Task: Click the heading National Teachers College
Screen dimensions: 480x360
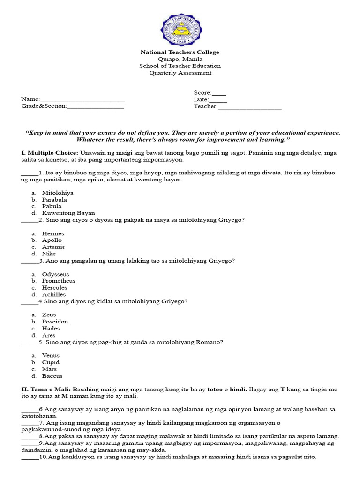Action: pyautogui.click(x=180, y=52)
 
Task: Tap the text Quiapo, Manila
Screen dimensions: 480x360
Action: pyautogui.click(x=180, y=59)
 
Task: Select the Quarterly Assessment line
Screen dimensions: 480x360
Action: pyautogui.click(x=180, y=73)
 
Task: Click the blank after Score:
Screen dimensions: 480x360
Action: pyautogui.click(x=219, y=93)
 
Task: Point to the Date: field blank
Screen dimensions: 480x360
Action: pyautogui.click(x=218, y=100)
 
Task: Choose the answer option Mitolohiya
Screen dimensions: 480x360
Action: pyautogui.click(x=58, y=193)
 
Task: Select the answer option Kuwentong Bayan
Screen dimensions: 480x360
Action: pyautogui.click(x=68, y=213)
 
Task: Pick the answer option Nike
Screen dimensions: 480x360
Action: pyautogui.click(x=49, y=254)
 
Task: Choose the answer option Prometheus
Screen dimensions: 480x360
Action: pyautogui.click(x=59, y=281)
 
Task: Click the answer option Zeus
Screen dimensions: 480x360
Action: pyautogui.click(x=49, y=315)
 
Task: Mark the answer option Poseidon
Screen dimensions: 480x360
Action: pyautogui.click(x=55, y=322)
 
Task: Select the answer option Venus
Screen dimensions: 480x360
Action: pyautogui.click(x=51, y=355)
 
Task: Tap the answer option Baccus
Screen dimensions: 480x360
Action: pyautogui.click(x=52, y=376)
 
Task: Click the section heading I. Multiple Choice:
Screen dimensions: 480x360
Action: pyautogui.click(x=49, y=153)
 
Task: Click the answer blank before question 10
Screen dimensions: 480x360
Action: pyautogui.click(x=30, y=457)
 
